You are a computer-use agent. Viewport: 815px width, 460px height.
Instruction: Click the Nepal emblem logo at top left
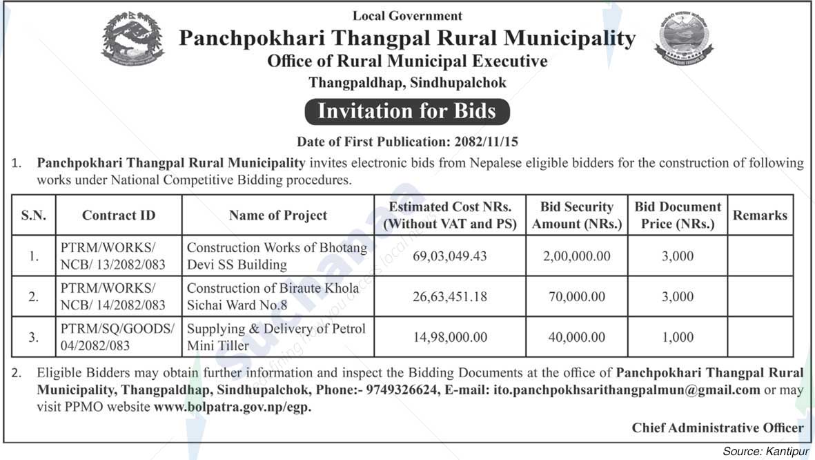tap(133, 39)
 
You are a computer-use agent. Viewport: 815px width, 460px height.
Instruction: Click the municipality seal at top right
tap(683, 40)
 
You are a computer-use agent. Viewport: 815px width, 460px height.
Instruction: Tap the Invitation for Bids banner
tap(407, 111)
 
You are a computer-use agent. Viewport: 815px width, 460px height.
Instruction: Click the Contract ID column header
tap(119, 215)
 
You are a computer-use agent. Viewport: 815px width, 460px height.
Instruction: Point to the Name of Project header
tap(278, 215)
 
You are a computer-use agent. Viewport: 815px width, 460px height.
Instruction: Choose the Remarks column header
tap(760, 215)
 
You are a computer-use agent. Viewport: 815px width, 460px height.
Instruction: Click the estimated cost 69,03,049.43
tap(450, 256)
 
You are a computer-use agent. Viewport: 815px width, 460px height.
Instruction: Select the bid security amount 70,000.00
tap(576, 297)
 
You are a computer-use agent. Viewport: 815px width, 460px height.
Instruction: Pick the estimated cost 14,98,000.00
tap(450, 338)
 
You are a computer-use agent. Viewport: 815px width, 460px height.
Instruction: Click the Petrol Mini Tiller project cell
tap(277, 337)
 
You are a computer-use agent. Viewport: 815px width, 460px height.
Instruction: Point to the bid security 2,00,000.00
tap(576, 256)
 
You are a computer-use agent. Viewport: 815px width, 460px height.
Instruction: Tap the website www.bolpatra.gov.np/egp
tap(233, 407)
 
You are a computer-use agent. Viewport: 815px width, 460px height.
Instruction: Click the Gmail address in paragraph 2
tap(627, 390)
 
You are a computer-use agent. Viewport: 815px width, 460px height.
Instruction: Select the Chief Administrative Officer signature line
tap(718, 428)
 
